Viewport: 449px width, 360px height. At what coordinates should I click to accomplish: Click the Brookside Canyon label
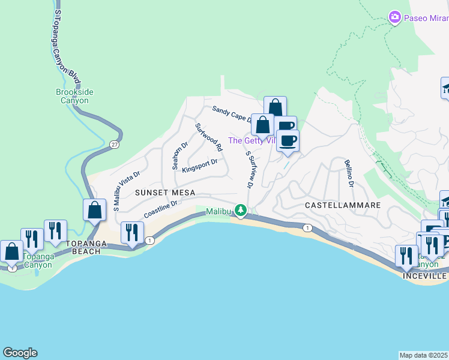point(73,96)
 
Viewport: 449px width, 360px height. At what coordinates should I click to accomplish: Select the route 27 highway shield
point(114,145)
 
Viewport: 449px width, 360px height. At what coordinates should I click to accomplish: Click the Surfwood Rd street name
point(208,137)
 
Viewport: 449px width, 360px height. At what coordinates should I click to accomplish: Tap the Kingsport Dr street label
point(199,165)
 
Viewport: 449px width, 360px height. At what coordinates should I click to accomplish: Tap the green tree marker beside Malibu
point(241,210)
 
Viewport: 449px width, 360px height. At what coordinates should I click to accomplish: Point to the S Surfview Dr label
point(249,170)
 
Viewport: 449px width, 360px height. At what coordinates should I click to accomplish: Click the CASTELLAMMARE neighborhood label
point(343,205)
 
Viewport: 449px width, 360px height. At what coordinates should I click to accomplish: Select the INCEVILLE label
point(425,276)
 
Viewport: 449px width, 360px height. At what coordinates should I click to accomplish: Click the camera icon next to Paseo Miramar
point(395,17)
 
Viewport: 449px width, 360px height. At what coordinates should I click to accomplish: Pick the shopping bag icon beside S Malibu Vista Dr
point(95,211)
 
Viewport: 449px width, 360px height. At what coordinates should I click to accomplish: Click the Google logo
point(20,353)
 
